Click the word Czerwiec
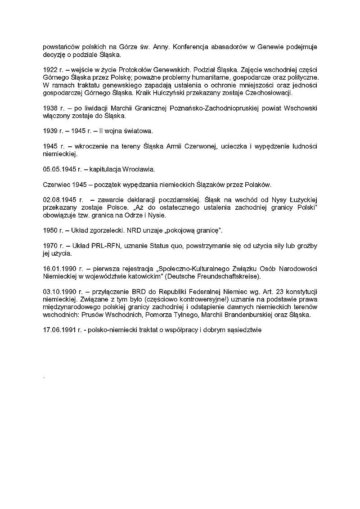(x=57, y=184)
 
